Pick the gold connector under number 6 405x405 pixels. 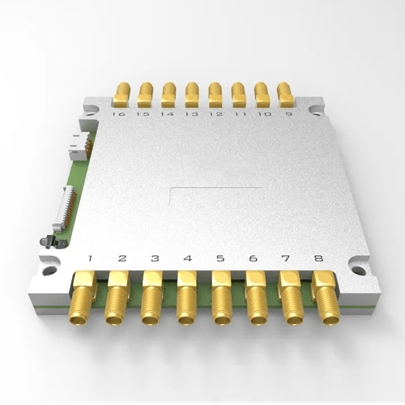[x=255, y=299]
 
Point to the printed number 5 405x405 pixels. [x=220, y=259]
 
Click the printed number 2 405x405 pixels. [x=122, y=259]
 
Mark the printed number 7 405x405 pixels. [x=285, y=259]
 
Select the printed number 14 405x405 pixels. [x=167, y=115]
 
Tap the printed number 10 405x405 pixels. [x=263, y=115]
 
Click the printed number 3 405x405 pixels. [x=155, y=259]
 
